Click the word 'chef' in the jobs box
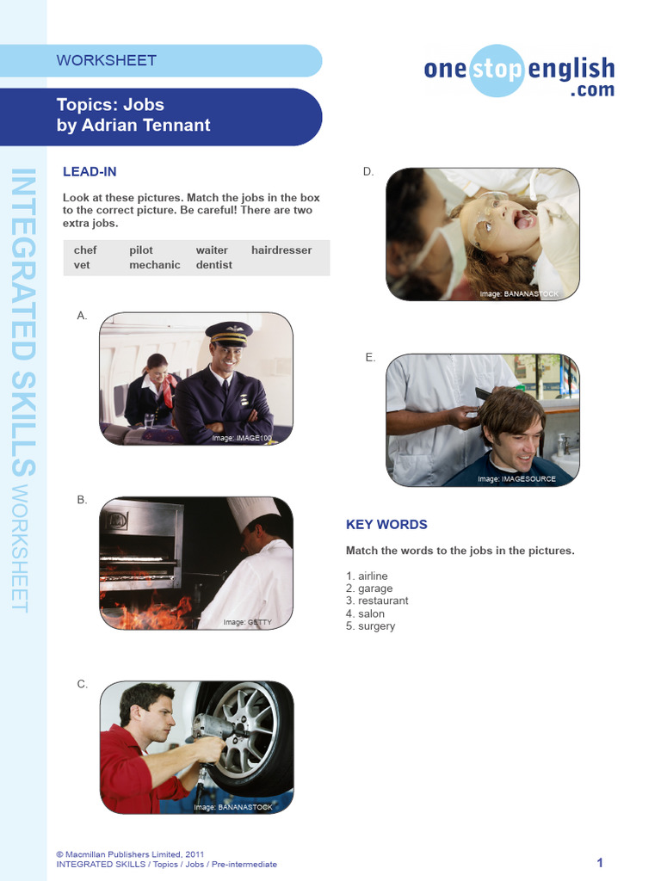(85, 250)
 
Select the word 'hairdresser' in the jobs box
(281, 250)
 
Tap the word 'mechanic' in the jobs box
(155, 265)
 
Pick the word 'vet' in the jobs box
(83, 265)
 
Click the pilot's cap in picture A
(228, 333)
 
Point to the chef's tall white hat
(253, 513)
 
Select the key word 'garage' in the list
(375, 588)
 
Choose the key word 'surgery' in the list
(376, 626)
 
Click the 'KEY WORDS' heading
(386, 524)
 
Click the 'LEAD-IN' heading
(90, 172)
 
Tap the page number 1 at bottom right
(600, 863)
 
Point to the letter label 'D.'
(368, 172)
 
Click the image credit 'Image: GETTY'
(247, 622)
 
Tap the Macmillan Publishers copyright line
(130, 854)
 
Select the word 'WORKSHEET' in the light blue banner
(107, 60)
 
